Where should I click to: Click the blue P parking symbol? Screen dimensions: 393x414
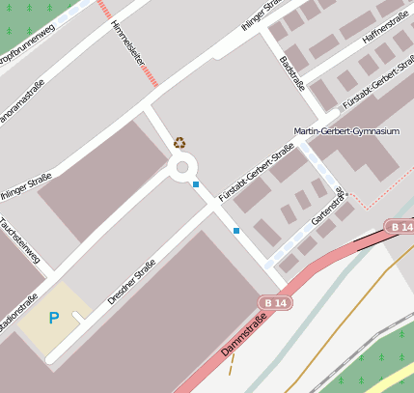click(x=54, y=318)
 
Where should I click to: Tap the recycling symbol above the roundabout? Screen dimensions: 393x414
click(x=179, y=142)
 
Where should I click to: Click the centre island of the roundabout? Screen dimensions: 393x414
click(x=180, y=168)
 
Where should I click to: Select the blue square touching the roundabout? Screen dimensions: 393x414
click(x=196, y=183)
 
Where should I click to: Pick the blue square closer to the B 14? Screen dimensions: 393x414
click(x=236, y=230)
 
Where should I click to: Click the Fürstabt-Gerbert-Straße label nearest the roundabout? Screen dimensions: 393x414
click(x=256, y=174)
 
